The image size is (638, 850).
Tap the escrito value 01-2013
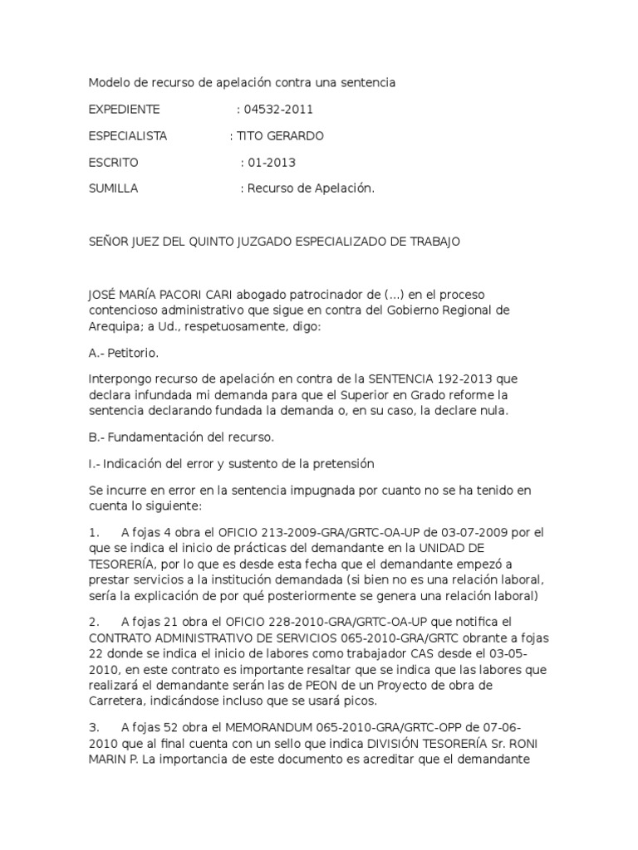(272, 162)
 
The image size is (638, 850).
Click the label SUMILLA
(114, 188)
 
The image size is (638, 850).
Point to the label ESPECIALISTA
(128, 135)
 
